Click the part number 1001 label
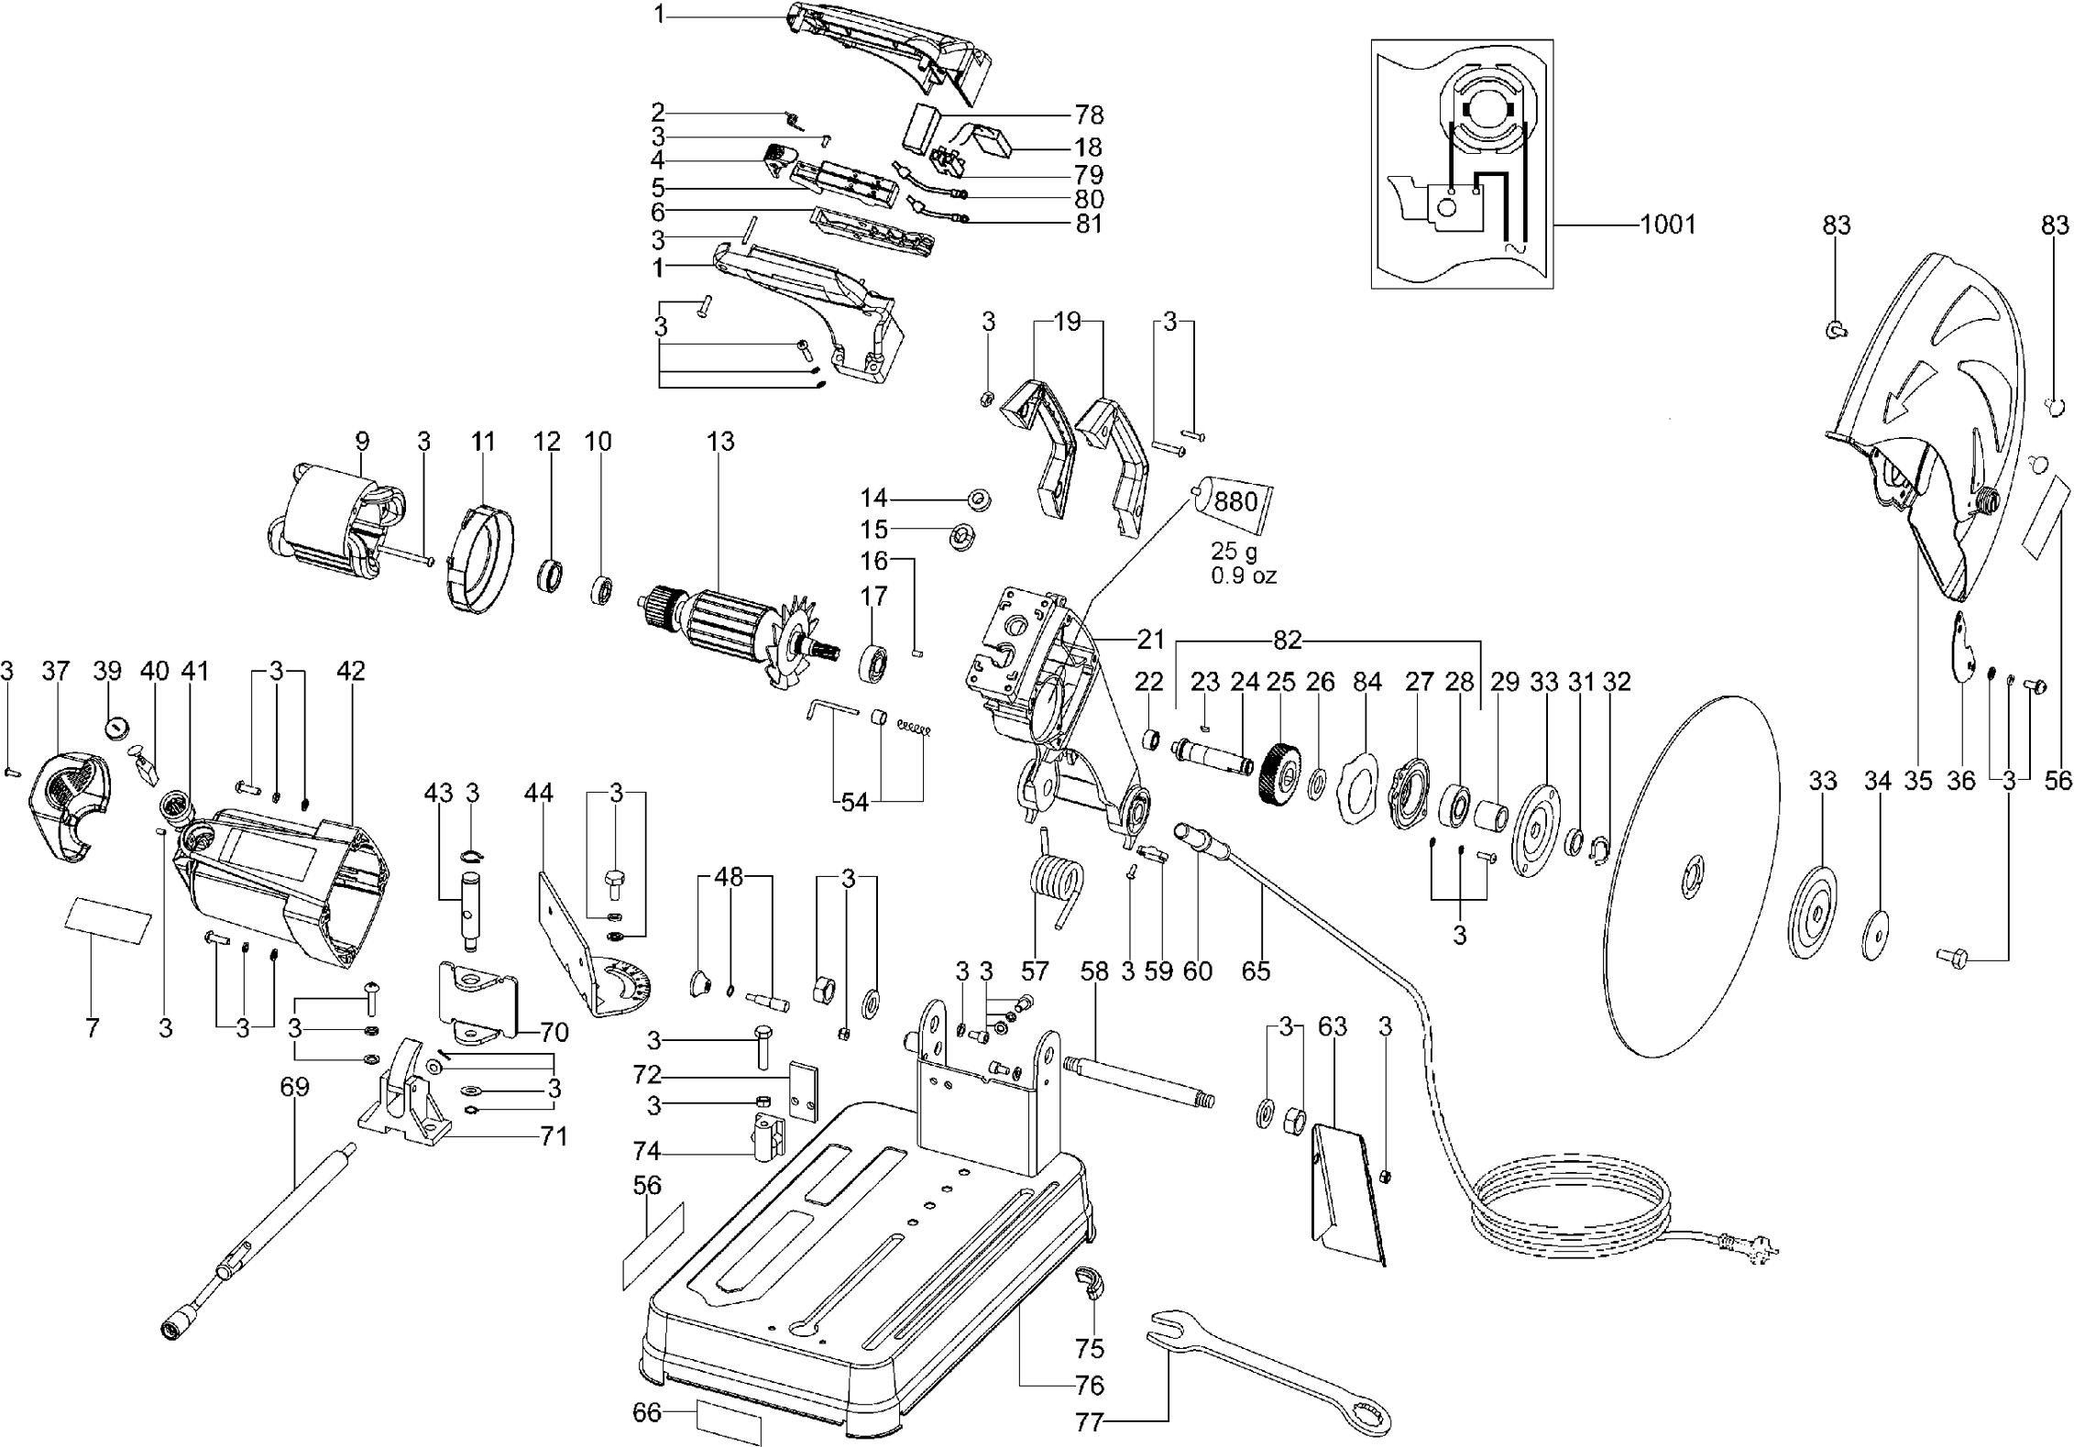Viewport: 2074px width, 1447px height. point(1667,225)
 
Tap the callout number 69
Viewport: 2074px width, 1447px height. point(294,1088)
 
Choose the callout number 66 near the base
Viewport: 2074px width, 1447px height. point(646,1412)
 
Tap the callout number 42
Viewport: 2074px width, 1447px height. point(350,671)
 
